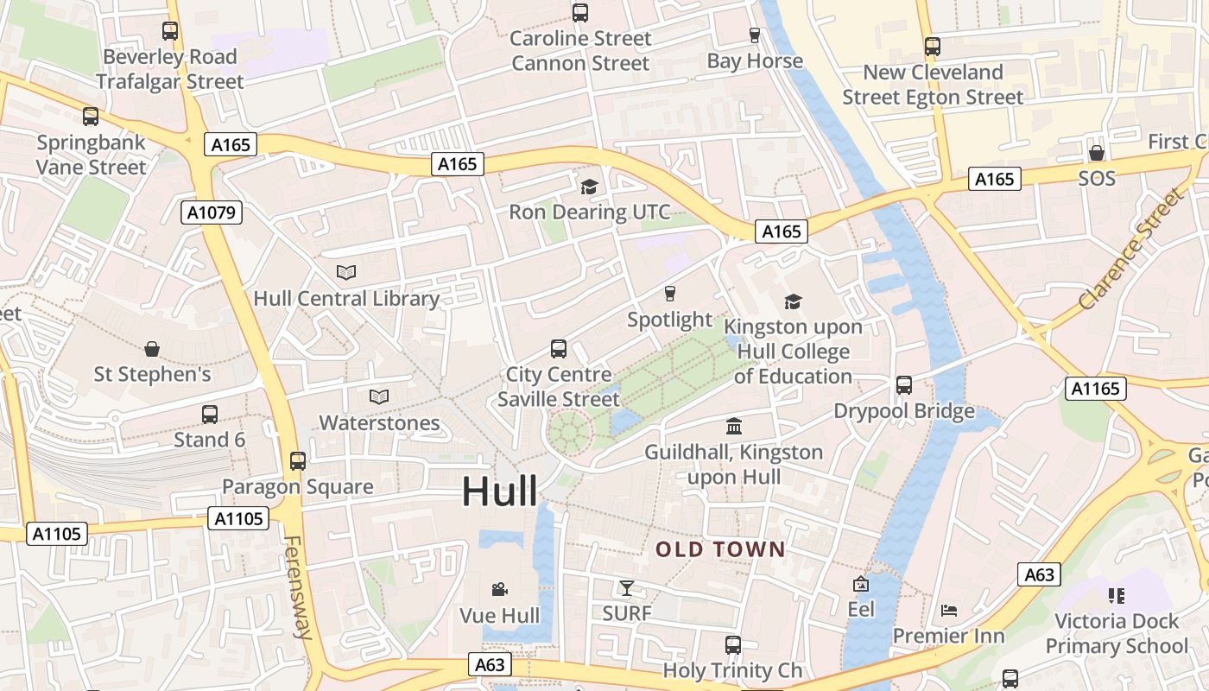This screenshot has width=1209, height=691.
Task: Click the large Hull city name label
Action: click(x=499, y=491)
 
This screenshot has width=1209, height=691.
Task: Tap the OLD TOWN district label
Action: click(x=720, y=549)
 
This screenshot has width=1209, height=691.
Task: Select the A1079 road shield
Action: click(x=211, y=212)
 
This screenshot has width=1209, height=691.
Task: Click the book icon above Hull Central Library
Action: click(x=346, y=273)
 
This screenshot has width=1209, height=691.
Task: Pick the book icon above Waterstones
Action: click(x=379, y=397)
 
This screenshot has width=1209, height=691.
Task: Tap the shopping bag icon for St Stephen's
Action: click(x=152, y=349)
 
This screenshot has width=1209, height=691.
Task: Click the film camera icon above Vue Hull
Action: click(x=499, y=590)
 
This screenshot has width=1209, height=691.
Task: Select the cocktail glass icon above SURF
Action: click(x=627, y=588)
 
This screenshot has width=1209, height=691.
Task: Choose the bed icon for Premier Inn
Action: click(x=949, y=611)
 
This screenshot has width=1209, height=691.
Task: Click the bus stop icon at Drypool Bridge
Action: click(x=904, y=385)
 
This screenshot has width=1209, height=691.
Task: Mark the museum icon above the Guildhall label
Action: click(x=734, y=427)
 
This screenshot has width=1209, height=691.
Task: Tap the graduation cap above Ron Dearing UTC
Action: click(x=589, y=187)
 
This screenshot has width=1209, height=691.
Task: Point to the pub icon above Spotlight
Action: click(x=669, y=295)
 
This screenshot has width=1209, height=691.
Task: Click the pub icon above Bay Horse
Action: click(x=755, y=35)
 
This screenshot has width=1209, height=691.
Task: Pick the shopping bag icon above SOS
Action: click(x=1096, y=153)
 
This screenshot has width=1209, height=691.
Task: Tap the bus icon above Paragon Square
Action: click(x=298, y=461)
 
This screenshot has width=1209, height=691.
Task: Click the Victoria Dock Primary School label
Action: click(x=1117, y=633)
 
